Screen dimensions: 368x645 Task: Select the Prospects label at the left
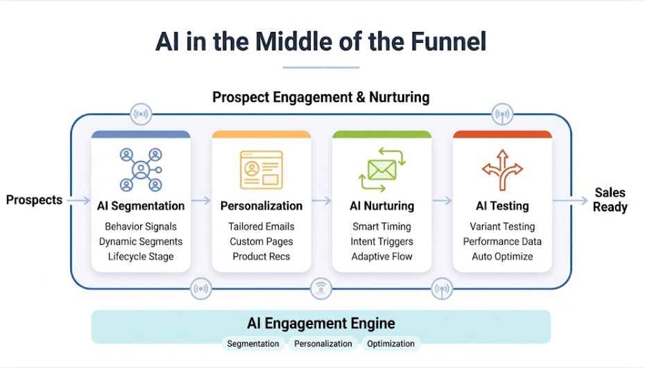coord(34,200)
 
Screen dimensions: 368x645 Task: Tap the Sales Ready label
coord(610,200)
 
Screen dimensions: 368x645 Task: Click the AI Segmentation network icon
coord(141,169)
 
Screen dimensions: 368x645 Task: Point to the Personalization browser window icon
coord(261,170)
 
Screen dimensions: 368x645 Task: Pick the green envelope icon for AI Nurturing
coord(381,170)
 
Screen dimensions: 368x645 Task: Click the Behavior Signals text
coord(141,227)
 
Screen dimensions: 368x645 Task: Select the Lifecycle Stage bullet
coord(141,256)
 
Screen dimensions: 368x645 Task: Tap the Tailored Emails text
coord(261,227)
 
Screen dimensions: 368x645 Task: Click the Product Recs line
coord(261,256)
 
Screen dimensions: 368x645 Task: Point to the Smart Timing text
coord(381,227)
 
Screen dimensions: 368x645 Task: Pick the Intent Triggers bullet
coord(381,242)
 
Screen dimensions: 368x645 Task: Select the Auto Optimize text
coord(502,256)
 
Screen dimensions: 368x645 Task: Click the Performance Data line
coord(502,242)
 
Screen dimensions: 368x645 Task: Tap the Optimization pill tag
coord(390,344)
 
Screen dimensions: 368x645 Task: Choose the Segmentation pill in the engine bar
coord(253,344)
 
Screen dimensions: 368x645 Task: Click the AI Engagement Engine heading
coord(321,324)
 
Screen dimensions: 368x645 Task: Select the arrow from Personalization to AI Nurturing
coord(321,201)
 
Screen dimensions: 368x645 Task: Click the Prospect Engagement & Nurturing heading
coord(321,97)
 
